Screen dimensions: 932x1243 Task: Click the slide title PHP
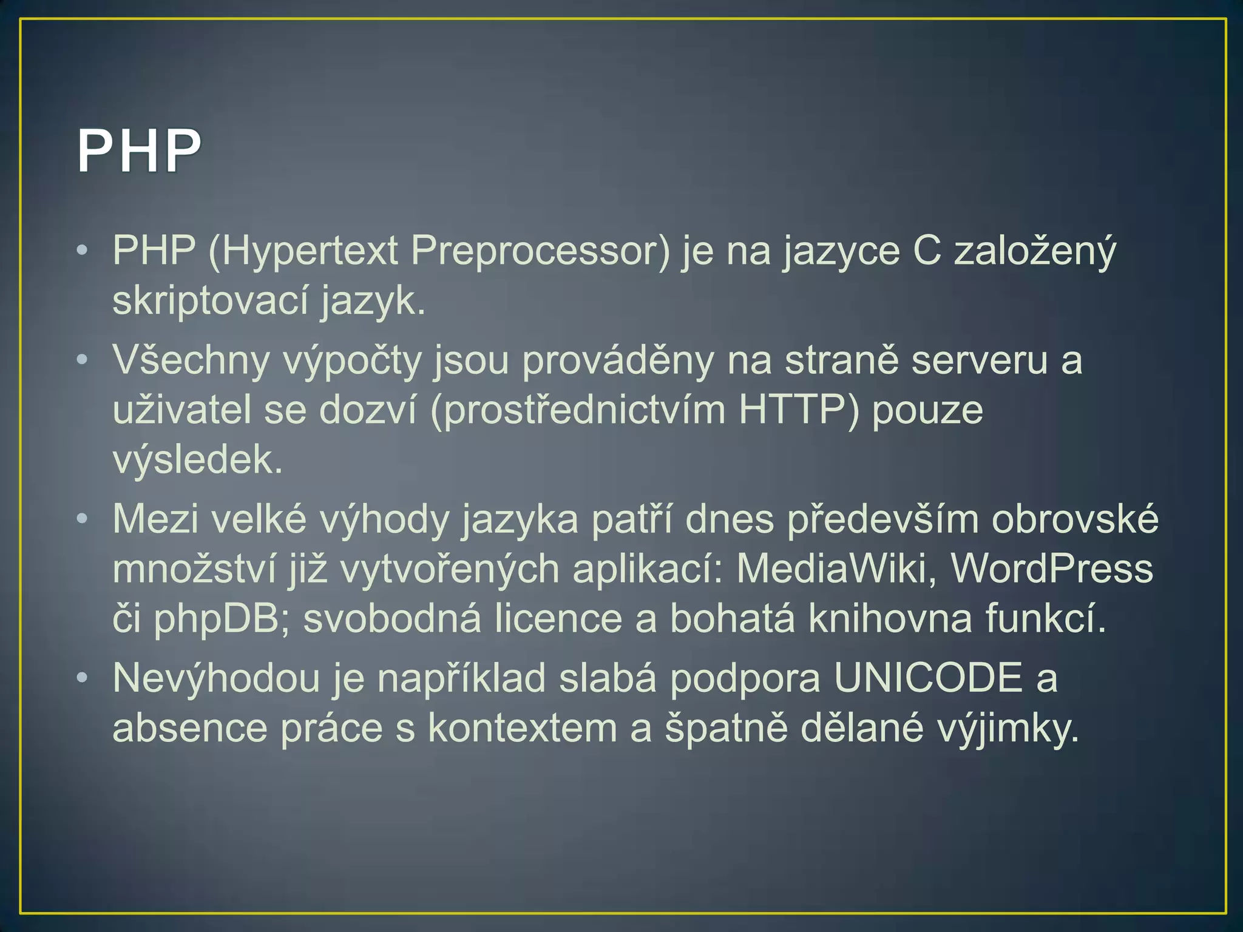click(x=139, y=151)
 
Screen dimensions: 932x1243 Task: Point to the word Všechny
click(x=191, y=360)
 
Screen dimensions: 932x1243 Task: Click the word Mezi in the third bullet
click(x=155, y=519)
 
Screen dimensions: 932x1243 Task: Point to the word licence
click(x=558, y=619)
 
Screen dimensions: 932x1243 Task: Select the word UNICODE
click(x=928, y=678)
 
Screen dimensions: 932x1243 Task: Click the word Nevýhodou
click(x=216, y=678)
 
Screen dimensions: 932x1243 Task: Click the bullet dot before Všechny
click(x=83, y=360)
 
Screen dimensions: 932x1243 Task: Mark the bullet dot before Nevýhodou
click(x=83, y=677)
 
